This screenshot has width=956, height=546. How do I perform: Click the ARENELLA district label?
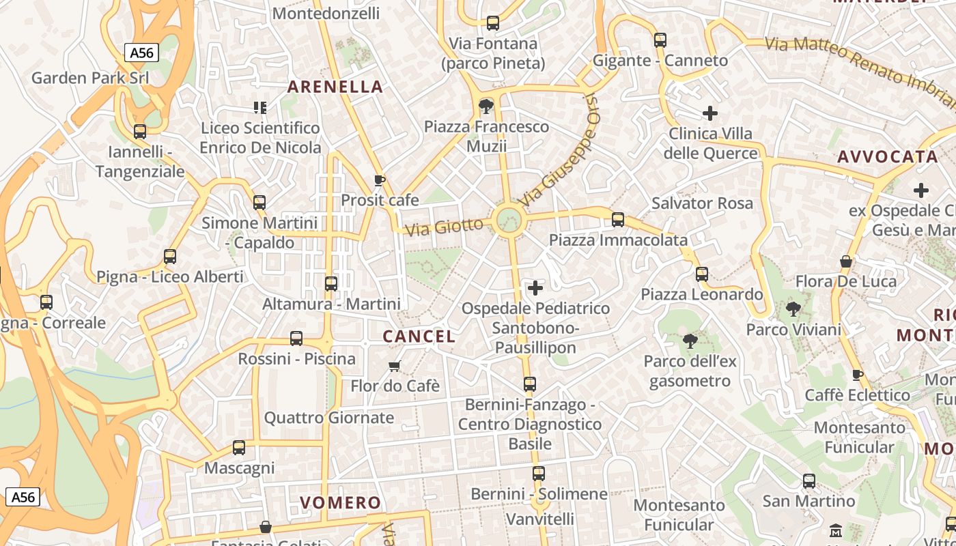coord(335,87)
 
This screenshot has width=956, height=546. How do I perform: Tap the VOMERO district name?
coord(340,503)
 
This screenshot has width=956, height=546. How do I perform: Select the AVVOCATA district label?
coord(887,156)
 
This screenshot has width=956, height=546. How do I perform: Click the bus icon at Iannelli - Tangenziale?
coord(140,132)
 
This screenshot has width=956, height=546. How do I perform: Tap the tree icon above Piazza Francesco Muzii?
coord(486,106)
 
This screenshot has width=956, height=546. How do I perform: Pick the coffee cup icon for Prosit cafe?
coord(380,180)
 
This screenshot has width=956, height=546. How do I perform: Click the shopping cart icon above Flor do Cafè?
coord(394,367)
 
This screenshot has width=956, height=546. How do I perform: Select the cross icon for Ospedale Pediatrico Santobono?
coord(535,288)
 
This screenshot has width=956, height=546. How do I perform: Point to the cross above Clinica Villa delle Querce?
coord(710,113)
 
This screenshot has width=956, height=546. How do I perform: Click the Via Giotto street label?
coord(448,226)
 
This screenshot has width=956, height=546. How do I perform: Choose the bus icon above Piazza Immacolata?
coord(618,220)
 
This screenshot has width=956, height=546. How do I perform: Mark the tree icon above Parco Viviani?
coord(793,309)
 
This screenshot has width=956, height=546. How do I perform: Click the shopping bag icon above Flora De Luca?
coord(846,261)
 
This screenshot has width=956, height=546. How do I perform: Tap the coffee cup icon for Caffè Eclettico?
coord(858,375)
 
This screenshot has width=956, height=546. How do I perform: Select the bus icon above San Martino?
coord(809,481)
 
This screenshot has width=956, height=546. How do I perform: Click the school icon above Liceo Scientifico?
coord(259,107)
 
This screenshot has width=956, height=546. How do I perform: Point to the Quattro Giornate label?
coord(328,418)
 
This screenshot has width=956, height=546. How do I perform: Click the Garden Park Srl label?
coord(89,78)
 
